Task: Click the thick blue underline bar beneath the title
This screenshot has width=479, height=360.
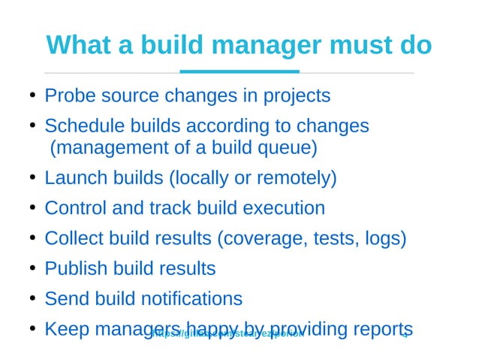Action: pos(239,72)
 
